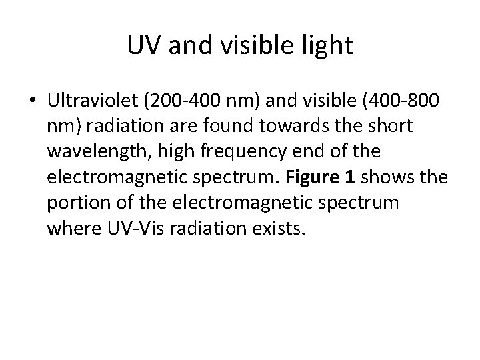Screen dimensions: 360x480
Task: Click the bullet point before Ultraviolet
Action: tap(33, 101)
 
